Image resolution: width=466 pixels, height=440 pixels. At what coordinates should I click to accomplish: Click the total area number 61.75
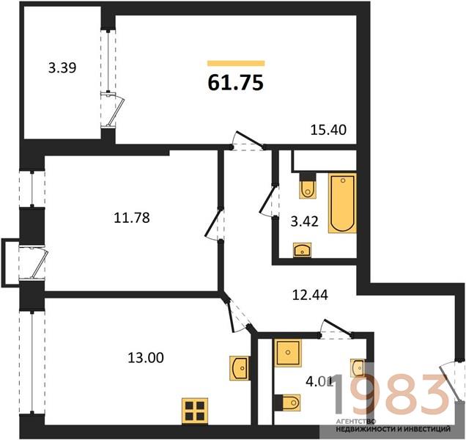235,82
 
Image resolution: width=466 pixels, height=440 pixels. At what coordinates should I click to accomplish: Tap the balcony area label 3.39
62,67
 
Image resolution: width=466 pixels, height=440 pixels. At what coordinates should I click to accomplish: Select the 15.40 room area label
328,130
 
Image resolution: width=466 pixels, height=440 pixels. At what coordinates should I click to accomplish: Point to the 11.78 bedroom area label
132,218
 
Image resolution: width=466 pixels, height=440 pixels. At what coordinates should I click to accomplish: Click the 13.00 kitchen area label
146,357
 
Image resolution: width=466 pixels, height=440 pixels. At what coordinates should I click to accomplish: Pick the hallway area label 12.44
310,295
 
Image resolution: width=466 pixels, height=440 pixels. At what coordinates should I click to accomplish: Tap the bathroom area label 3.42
305,221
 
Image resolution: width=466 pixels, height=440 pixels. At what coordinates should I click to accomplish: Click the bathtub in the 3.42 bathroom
342,203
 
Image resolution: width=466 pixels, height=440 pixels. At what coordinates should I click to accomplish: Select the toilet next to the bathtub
308,186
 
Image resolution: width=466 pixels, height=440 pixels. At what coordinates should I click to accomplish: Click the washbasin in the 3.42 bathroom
303,250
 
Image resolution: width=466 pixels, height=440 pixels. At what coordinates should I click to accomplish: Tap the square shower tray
288,353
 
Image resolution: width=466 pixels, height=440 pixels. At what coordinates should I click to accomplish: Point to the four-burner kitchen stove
195,411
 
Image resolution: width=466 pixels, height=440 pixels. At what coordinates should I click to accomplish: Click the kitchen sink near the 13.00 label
240,368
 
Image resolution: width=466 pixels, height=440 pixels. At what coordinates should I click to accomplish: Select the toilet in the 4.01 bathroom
287,403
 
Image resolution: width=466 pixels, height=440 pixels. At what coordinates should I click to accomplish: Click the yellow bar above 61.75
236,63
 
